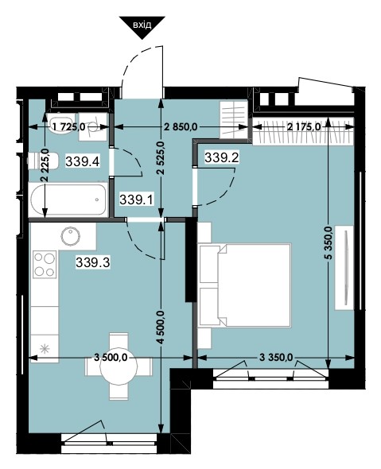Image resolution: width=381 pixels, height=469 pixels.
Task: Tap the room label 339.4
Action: pyautogui.click(x=82, y=162)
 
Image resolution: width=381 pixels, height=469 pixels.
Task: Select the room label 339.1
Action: pyautogui.click(x=137, y=200)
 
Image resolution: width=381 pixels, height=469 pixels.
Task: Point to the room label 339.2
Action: pyautogui.click(x=222, y=157)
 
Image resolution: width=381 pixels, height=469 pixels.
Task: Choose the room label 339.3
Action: pyautogui.click(x=93, y=263)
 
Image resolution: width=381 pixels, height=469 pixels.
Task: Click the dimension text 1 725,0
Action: pyautogui.click(x=68, y=127)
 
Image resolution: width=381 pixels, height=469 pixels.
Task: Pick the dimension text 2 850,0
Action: pyautogui.click(x=181, y=127)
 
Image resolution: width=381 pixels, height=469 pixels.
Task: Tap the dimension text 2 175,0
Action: pyautogui.click(x=304, y=127)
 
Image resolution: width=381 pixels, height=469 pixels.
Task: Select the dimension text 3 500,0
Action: pyautogui.click(x=111, y=357)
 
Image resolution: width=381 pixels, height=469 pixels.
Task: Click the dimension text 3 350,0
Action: pyautogui.click(x=276, y=357)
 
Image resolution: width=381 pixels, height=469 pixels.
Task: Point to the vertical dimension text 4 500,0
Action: pyautogui.click(x=162, y=328)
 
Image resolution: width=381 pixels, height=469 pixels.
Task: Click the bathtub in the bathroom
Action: pyautogui.click(x=68, y=200)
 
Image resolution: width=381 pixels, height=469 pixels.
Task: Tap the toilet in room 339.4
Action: pyautogui.click(x=43, y=161)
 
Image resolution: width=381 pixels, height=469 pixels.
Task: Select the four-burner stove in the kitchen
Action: pyautogui.click(x=45, y=264)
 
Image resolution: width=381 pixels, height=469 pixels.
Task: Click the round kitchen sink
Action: pyautogui.click(x=71, y=236)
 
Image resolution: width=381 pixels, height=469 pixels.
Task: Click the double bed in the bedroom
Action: pyautogui.click(x=245, y=285)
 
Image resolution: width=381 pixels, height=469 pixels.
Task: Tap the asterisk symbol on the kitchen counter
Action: pyautogui.click(x=45, y=348)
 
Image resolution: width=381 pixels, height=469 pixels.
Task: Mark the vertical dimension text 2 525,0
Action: pyautogui.click(x=162, y=158)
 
